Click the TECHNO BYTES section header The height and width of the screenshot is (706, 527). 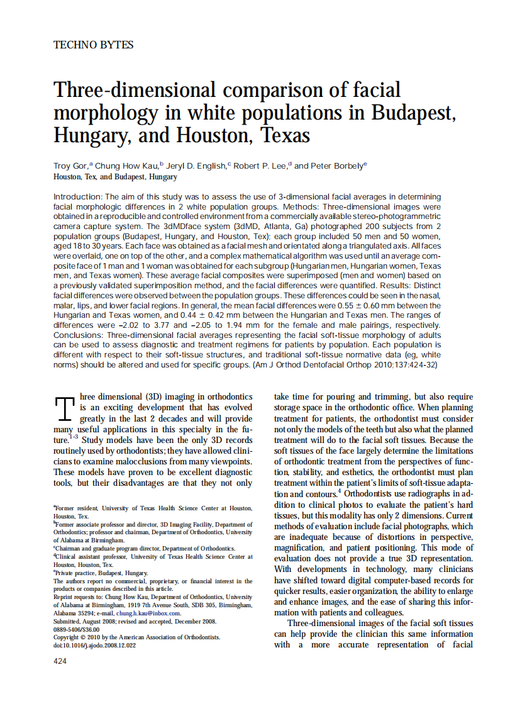click(x=94, y=45)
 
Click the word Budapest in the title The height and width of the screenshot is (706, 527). click(x=409, y=113)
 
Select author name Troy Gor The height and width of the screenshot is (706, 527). click(x=70, y=166)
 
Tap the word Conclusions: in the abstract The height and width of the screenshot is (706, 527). click(x=80, y=335)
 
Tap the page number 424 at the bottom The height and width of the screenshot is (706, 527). click(x=60, y=661)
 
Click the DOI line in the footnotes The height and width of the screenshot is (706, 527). click(x=94, y=645)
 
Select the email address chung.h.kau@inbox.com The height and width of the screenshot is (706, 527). click(x=148, y=613)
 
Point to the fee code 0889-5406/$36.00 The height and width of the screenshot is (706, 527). click(x=77, y=629)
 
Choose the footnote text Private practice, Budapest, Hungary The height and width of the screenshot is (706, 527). click(x=102, y=573)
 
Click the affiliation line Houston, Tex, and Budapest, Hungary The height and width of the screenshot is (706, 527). click(x=115, y=177)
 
